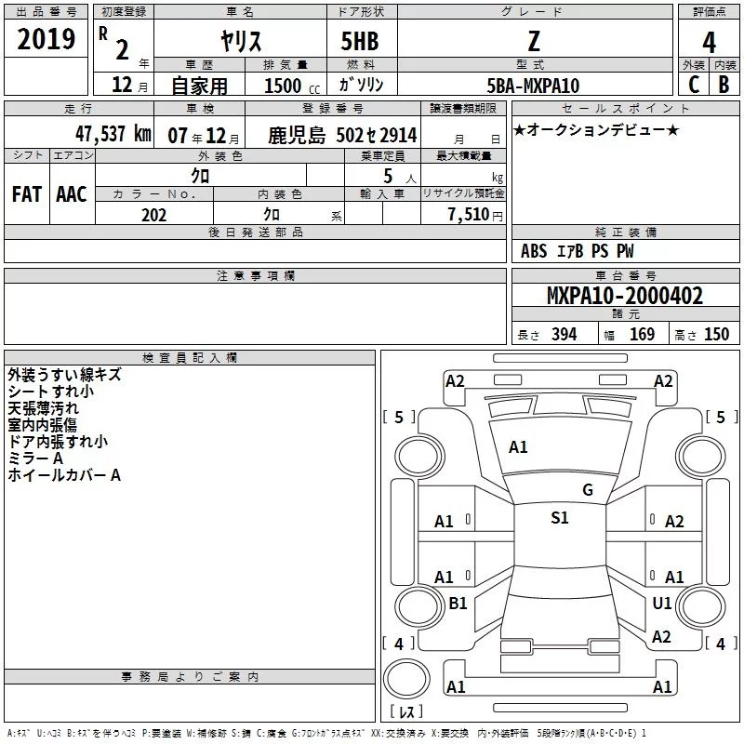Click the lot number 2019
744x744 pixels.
pos(46,39)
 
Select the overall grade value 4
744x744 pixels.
pos(709,43)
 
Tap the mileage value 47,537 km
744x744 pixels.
pos(113,134)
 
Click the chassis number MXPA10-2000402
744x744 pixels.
pos(625,296)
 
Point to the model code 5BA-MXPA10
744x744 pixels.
pos(533,86)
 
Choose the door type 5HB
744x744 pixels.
pos(360,41)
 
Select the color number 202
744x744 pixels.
pos(153,215)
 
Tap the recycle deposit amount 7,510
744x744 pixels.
pos(469,215)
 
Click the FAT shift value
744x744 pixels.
pos(27,194)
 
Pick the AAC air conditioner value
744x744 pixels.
pos(72,194)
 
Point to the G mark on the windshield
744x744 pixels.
pos(588,489)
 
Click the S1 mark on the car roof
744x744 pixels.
pos(560,517)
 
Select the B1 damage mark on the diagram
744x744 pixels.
pos(458,603)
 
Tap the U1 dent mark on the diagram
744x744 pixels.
pos(662,603)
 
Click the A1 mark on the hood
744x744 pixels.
pos(518,447)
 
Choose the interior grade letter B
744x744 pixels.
pos(724,85)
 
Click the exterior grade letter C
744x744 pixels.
pos(694,85)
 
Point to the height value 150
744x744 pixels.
pos(716,335)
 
